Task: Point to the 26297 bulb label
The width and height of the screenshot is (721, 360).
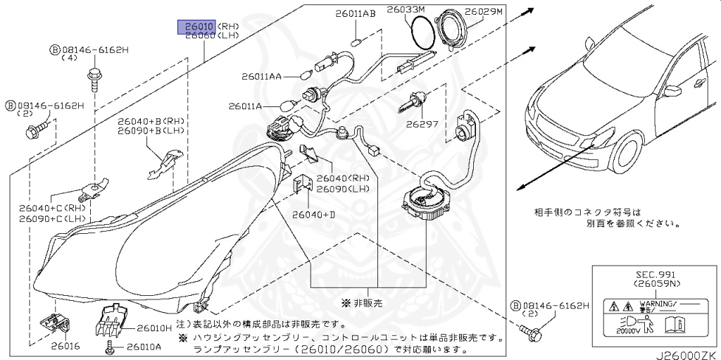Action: [422, 124]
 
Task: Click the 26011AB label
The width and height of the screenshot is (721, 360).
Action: [355, 13]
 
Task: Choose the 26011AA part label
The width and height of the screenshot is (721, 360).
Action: [262, 76]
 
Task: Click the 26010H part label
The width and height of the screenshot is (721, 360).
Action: [153, 328]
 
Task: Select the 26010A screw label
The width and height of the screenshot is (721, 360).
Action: [144, 347]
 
